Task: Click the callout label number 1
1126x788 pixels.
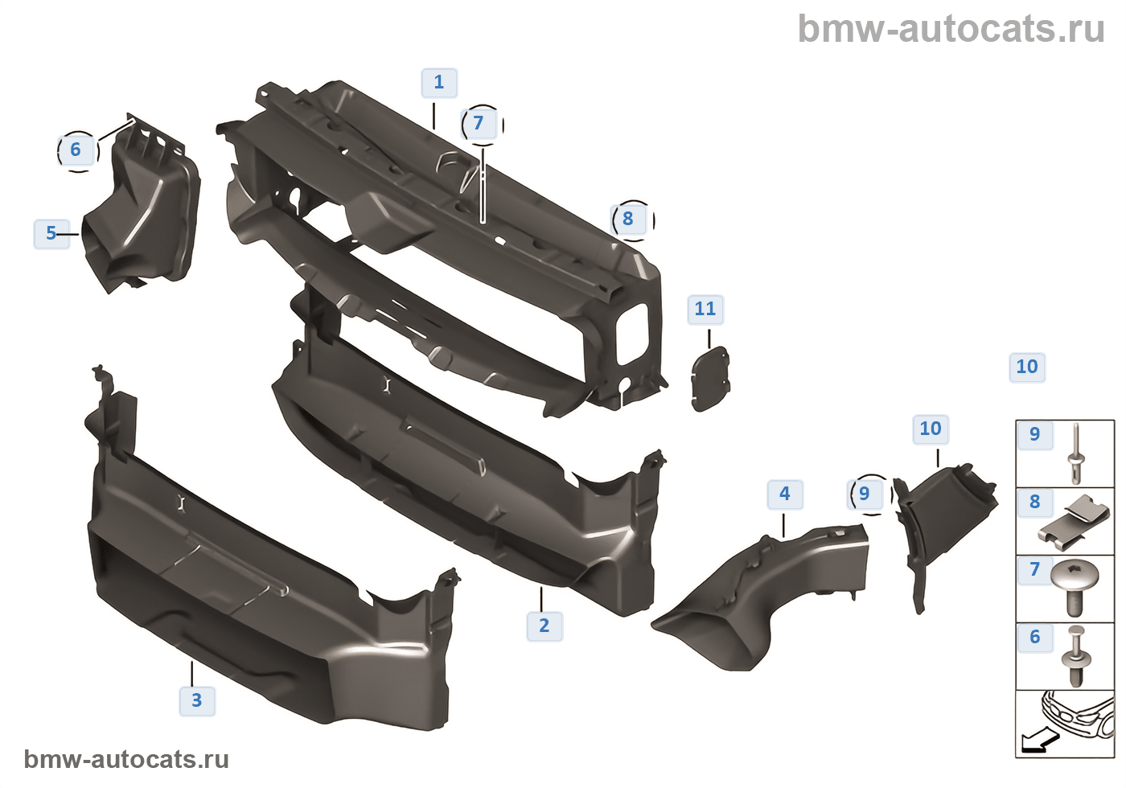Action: [x=439, y=83]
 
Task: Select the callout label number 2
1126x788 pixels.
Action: [x=545, y=626]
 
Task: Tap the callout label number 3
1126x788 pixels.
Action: [x=197, y=700]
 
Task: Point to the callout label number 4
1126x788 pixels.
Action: [x=785, y=494]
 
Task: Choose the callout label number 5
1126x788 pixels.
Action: [x=51, y=233]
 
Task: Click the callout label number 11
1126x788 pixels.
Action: [x=705, y=309]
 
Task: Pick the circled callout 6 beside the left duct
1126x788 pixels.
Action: [x=76, y=150]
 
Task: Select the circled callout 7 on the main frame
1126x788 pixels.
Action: [x=480, y=124]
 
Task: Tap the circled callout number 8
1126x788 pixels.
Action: [x=630, y=219]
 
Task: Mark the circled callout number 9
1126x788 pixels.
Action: [x=865, y=494]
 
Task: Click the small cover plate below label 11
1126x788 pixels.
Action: [x=710, y=380]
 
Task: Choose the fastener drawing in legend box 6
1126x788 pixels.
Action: [x=1076, y=655]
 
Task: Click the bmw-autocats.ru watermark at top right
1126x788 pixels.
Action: [x=951, y=29]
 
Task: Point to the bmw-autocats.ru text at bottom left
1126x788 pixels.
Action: [x=126, y=760]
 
